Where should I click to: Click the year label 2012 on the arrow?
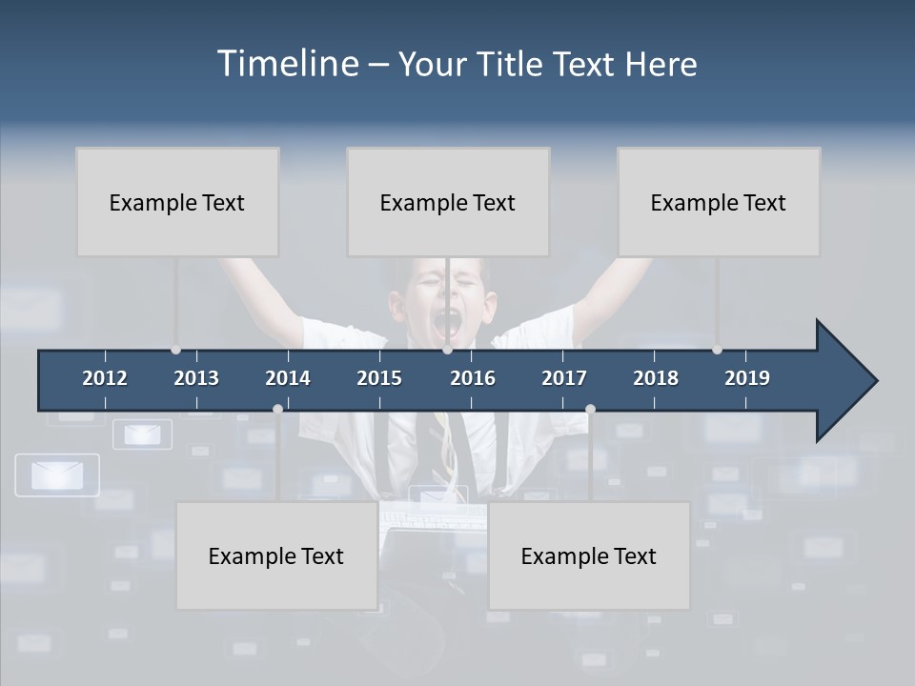(105, 378)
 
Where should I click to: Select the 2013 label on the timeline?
(196, 378)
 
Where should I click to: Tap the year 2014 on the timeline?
(288, 378)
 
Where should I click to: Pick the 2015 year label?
(379, 378)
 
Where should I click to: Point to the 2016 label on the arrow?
(473, 378)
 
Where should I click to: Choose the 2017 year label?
(564, 378)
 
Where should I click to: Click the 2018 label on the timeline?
(656, 378)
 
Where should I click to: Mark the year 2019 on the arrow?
(747, 378)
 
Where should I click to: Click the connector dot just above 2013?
(175, 350)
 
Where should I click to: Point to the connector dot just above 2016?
(447, 350)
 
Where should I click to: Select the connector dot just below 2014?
(277, 409)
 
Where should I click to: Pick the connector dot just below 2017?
(590, 409)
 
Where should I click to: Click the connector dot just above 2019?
(717, 350)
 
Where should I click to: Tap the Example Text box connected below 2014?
(276, 555)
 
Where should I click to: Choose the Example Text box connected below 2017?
(589, 555)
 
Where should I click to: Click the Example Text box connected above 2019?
(719, 202)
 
